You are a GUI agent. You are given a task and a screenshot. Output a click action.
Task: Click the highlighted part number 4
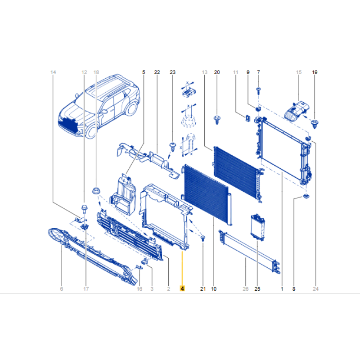click(x=182, y=288)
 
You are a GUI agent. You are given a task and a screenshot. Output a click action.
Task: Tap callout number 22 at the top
click(x=157, y=72)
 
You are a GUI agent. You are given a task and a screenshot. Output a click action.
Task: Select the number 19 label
click(x=315, y=72)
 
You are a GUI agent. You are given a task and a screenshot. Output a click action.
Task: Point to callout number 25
click(x=257, y=289)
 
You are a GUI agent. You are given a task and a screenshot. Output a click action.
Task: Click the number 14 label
click(x=53, y=72)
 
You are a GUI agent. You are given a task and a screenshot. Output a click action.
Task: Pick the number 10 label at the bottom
click(x=214, y=289)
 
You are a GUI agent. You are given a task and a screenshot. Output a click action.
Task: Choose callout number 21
click(x=203, y=289)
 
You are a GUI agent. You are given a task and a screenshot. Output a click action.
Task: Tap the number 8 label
click(x=294, y=289)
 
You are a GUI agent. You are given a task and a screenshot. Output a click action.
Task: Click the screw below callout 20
click(x=217, y=120)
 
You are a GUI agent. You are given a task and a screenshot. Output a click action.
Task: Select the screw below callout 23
click(x=172, y=147)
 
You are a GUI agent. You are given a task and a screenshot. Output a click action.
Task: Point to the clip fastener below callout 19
click(x=315, y=123)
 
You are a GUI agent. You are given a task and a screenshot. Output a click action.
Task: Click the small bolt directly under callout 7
click(x=258, y=91)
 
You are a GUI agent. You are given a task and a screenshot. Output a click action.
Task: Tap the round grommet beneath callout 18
click(x=96, y=190)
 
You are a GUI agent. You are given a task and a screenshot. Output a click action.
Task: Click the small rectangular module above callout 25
click(x=257, y=227)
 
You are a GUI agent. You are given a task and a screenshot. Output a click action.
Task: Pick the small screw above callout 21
click(x=203, y=238)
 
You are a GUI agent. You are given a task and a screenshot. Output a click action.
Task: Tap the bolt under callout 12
click(x=84, y=208)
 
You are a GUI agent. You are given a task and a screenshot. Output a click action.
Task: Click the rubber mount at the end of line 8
click(x=306, y=196)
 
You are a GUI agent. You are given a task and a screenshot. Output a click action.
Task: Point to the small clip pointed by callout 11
click(x=247, y=118)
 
